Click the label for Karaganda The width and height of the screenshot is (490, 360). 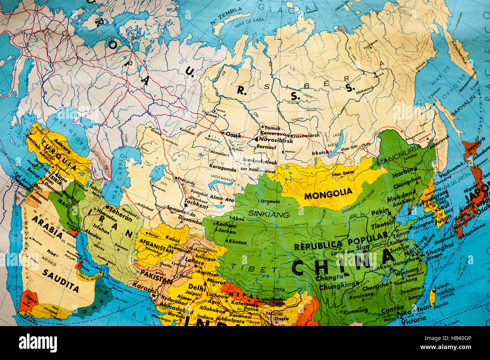pos(223,169)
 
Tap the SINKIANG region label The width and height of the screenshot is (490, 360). pos(269,214)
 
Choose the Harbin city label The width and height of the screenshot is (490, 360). pos(403,175)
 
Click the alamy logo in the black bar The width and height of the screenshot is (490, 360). pos(38,343)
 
